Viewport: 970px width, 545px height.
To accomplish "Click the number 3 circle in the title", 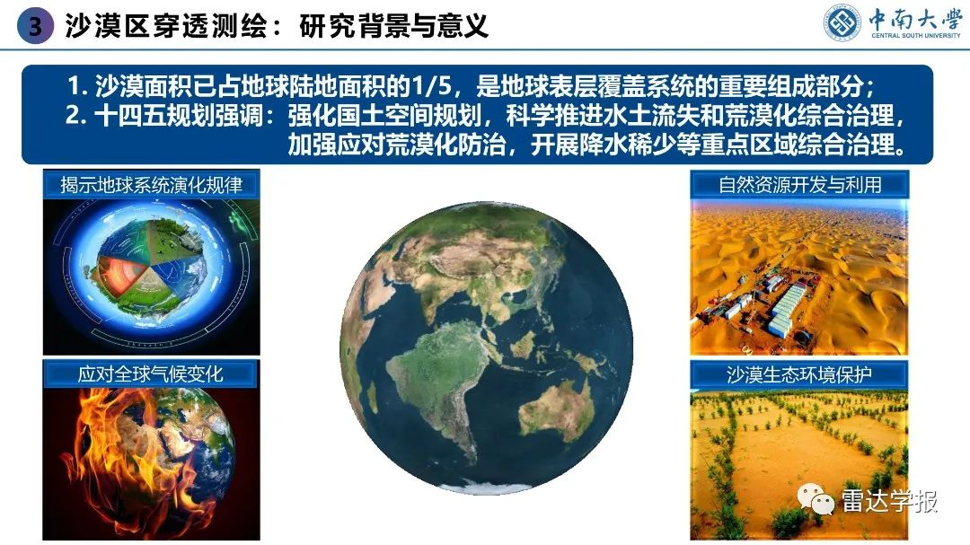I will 35,26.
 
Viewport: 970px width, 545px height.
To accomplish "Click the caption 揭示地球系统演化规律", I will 151,185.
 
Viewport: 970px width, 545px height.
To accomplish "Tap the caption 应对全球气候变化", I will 151,374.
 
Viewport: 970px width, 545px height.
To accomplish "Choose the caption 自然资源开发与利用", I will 799,185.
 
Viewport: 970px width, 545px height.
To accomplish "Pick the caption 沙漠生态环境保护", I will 799,374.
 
